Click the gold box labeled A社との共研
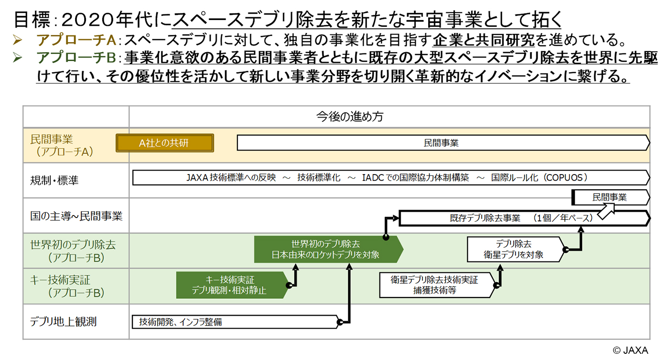165,143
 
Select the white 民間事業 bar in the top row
442,143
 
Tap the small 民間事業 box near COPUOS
610,197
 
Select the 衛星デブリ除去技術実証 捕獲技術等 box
435,285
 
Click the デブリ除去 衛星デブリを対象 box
514,249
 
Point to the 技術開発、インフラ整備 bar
234,322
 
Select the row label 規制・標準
54,180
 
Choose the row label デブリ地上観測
63,322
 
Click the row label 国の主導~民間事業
76,216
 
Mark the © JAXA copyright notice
630,350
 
